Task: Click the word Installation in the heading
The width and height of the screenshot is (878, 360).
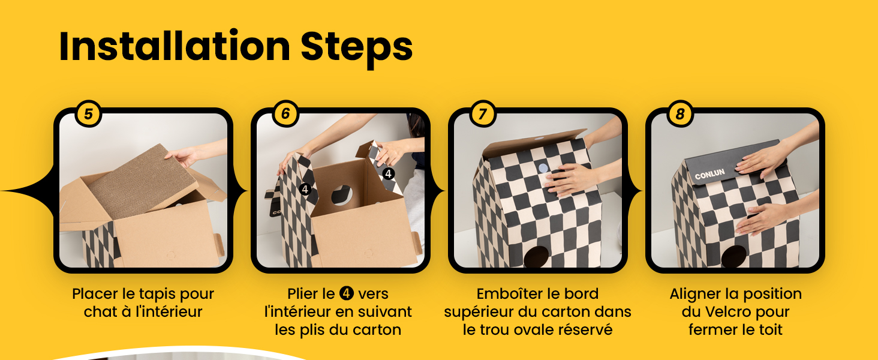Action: click(x=174, y=47)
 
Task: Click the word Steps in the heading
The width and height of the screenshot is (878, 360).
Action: click(x=356, y=48)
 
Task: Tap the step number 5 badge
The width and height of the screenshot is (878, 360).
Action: click(x=88, y=114)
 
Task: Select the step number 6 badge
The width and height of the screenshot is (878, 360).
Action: click(x=285, y=114)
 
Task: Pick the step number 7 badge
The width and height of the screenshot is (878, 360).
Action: click(x=483, y=114)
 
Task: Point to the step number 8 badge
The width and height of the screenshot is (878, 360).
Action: click(x=679, y=114)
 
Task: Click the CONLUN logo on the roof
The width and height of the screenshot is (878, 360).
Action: click(x=709, y=175)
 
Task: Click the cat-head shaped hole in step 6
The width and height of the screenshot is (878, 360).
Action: click(x=342, y=196)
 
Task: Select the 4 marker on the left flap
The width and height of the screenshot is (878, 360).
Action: click(x=305, y=190)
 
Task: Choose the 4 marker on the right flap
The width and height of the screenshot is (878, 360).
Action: click(x=389, y=173)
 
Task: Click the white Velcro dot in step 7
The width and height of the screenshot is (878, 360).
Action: click(x=543, y=169)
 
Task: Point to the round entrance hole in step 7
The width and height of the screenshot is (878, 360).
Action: click(x=536, y=256)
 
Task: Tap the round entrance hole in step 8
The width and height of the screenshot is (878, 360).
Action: click(x=733, y=256)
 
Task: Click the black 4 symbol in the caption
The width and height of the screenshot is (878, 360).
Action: click(x=346, y=294)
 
